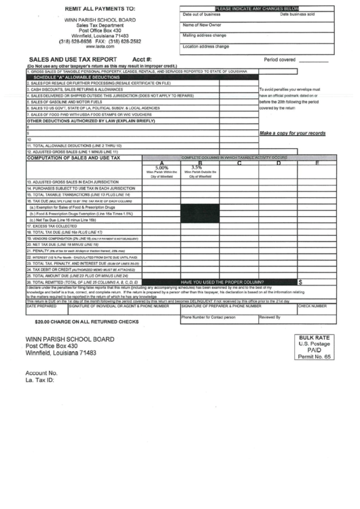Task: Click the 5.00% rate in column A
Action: pos(162,167)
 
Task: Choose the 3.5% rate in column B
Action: pos(197,167)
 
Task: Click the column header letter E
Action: pos(317,162)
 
